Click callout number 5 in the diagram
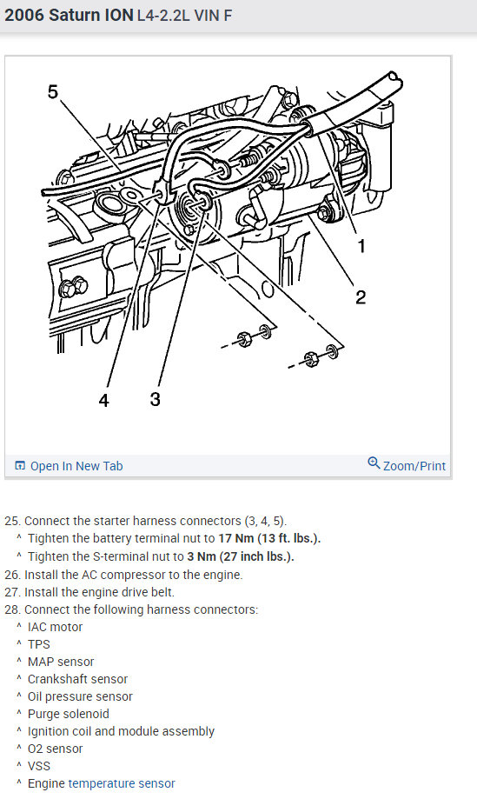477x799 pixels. click(53, 92)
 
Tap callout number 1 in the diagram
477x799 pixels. click(361, 247)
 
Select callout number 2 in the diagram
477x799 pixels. click(361, 297)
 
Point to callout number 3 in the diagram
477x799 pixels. click(156, 399)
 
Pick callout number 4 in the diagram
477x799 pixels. click(104, 401)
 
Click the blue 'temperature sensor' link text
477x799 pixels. click(122, 783)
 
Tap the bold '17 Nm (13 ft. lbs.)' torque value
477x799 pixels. click(270, 539)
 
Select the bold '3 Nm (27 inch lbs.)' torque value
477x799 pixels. click(241, 556)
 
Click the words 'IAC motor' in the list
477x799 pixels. click(55, 627)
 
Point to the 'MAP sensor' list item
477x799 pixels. click(61, 662)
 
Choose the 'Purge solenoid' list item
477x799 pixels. click(69, 714)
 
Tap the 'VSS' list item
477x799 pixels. click(39, 766)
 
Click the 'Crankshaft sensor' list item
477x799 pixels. click(78, 679)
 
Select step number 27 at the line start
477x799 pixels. click(13, 592)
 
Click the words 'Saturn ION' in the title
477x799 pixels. click(91, 16)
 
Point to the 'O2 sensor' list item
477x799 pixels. click(55, 749)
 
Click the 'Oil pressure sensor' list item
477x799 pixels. click(80, 696)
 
